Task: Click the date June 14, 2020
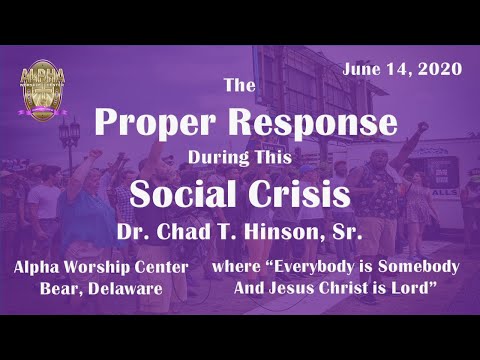[401, 69]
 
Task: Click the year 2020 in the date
[440, 69]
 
